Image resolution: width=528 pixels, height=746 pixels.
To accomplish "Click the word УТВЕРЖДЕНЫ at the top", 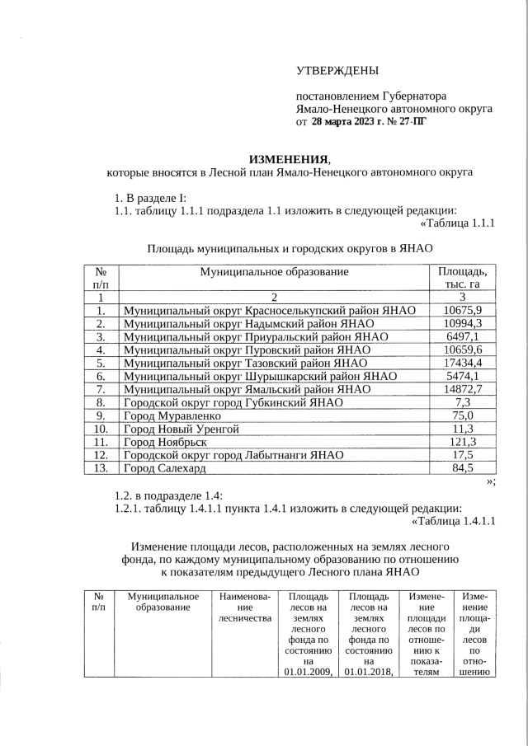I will (338, 72).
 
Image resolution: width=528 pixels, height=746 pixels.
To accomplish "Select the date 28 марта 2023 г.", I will (353, 121).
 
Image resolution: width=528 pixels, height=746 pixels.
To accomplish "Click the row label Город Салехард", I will (164, 468).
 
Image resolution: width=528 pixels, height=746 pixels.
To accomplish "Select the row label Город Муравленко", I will (173, 415).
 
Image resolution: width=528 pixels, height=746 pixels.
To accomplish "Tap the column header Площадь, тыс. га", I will (462, 277).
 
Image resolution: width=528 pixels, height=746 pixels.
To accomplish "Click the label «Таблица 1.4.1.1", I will (452, 520).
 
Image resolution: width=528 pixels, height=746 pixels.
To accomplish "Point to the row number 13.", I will (100, 468).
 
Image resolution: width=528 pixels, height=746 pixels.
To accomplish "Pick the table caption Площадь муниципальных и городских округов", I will (290, 247).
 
